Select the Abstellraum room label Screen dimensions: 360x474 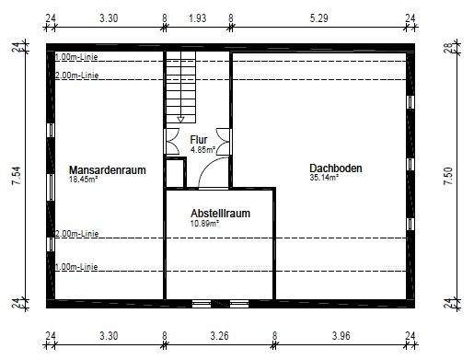tap(220, 213)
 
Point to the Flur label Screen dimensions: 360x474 tap(199, 139)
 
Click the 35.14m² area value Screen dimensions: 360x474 tap(324, 179)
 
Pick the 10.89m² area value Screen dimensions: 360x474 tap(204, 224)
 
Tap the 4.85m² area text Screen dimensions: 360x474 tap(202, 149)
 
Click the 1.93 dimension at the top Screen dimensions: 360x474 tap(198, 17)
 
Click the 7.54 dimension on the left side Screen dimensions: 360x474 tap(16, 176)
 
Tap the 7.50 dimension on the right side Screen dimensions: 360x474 tap(449, 176)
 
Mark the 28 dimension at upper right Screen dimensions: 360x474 tap(449, 48)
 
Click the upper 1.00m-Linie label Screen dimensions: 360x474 tap(76, 57)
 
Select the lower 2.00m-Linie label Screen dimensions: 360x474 tap(76, 234)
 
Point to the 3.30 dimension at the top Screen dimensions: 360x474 tap(108, 17)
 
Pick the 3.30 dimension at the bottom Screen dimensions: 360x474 tap(108, 336)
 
